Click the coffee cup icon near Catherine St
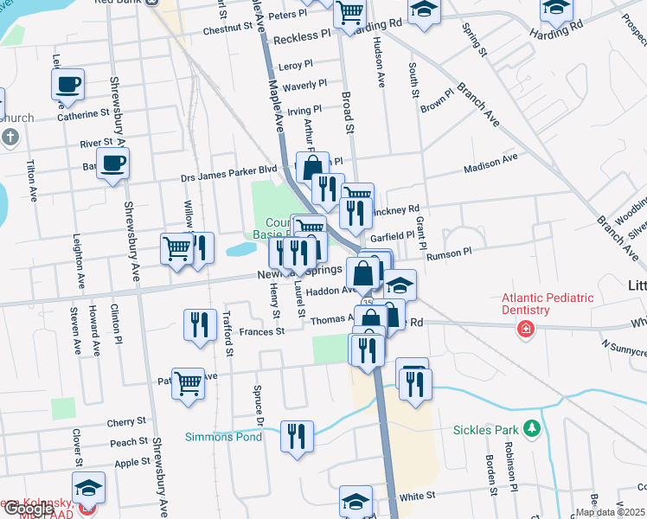click(x=67, y=85)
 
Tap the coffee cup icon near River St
click(x=112, y=163)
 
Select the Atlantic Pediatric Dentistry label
click(x=548, y=304)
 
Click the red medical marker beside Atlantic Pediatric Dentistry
click(x=525, y=329)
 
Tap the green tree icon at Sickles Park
click(x=532, y=428)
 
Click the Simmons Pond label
click(x=223, y=437)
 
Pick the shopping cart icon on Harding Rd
click(x=349, y=13)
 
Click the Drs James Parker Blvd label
click(x=227, y=173)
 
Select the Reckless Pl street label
click(x=301, y=39)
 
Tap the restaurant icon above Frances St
click(x=201, y=324)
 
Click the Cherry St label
click(x=126, y=422)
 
